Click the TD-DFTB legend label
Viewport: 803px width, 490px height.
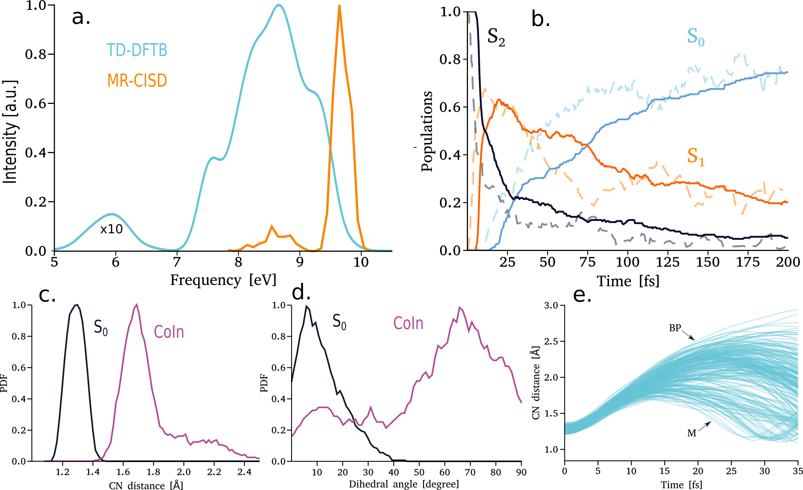pyautogui.click(x=137, y=50)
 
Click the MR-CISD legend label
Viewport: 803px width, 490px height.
pyautogui.click(x=137, y=80)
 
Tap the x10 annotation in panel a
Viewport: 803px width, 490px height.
pyautogui.click(x=111, y=229)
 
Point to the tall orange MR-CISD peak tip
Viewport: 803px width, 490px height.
pyautogui.click(x=339, y=6)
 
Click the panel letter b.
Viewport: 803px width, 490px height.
pyautogui.click(x=541, y=19)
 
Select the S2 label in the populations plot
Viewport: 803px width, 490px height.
pyautogui.click(x=496, y=38)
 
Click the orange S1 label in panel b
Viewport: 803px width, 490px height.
pyautogui.click(x=695, y=156)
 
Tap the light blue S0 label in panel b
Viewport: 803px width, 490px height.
pyautogui.click(x=695, y=37)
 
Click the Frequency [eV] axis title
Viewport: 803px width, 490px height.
pyautogui.click(x=223, y=280)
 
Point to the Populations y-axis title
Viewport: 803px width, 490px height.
pyautogui.click(x=427, y=131)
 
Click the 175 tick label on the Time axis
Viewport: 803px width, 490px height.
pyautogui.click(x=748, y=262)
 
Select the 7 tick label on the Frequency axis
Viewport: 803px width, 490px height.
pyautogui.click(x=177, y=262)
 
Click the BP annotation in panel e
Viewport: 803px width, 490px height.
pyautogui.click(x=675, y=328)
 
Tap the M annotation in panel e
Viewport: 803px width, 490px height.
pyautogui.click(x=691, y=433)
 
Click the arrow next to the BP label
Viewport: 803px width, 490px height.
pyautogui.click(x=688, y=335)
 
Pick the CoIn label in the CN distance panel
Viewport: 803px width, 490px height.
pyautogui.click(x=169, y=332)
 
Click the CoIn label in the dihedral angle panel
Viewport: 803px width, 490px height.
pyautogui.click(x=408, y=324)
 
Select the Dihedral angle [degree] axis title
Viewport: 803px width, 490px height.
pyautogui.click(x=404, y=484)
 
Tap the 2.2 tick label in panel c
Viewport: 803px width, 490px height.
pyautogui.click(x=214, y=472)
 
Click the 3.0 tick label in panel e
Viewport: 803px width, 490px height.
pyautogui.click(x=551, y=306)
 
